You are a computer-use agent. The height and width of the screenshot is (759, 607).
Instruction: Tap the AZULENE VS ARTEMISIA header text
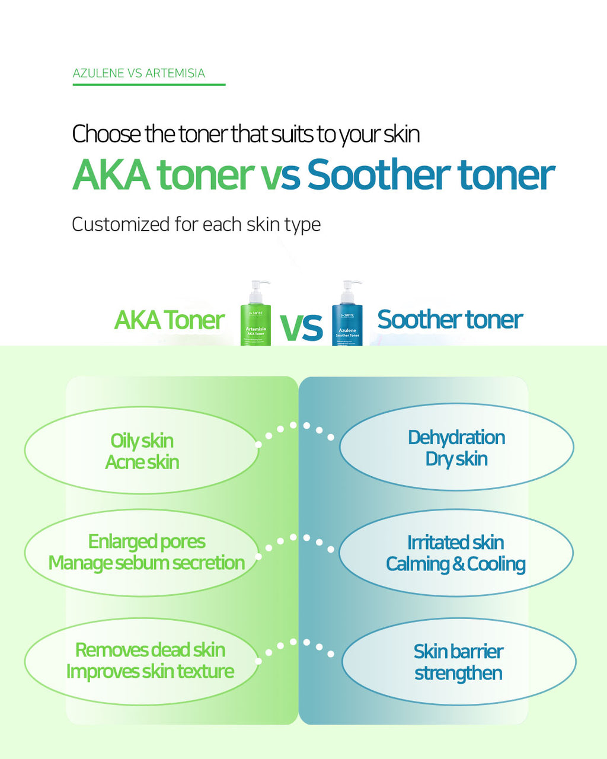[x=139, y=74]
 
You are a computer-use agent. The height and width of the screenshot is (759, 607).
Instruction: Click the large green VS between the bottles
[x=301, y=327]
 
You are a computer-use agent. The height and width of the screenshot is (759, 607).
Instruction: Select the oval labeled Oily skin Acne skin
[x=142, y=451]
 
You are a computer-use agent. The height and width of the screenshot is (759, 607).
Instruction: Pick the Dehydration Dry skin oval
[x=456, y=448]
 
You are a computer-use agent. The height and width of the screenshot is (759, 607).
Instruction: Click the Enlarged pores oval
[x=142, y=552]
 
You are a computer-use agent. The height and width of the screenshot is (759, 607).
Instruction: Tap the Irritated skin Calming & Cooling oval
[x=456, y=553]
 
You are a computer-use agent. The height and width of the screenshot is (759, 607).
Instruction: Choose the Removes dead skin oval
[x=142, y=661]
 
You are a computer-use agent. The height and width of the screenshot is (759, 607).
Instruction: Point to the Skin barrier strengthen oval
[x=458, y=662]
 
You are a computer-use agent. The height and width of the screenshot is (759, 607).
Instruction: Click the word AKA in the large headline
[x=111, y=175]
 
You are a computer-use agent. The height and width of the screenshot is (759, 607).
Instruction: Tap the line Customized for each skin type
[x=196, y=225]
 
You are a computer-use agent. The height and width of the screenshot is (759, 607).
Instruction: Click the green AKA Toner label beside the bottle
[x=169, y=320]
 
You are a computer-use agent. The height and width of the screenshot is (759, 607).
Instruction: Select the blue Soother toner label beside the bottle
[x=450, y=320]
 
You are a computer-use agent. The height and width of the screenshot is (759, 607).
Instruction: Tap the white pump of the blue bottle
[x=349, y=291]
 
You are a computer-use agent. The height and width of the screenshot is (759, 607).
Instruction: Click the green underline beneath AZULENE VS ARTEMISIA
[x=149, y=85]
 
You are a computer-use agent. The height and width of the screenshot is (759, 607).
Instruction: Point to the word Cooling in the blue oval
[x=496, y=564]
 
